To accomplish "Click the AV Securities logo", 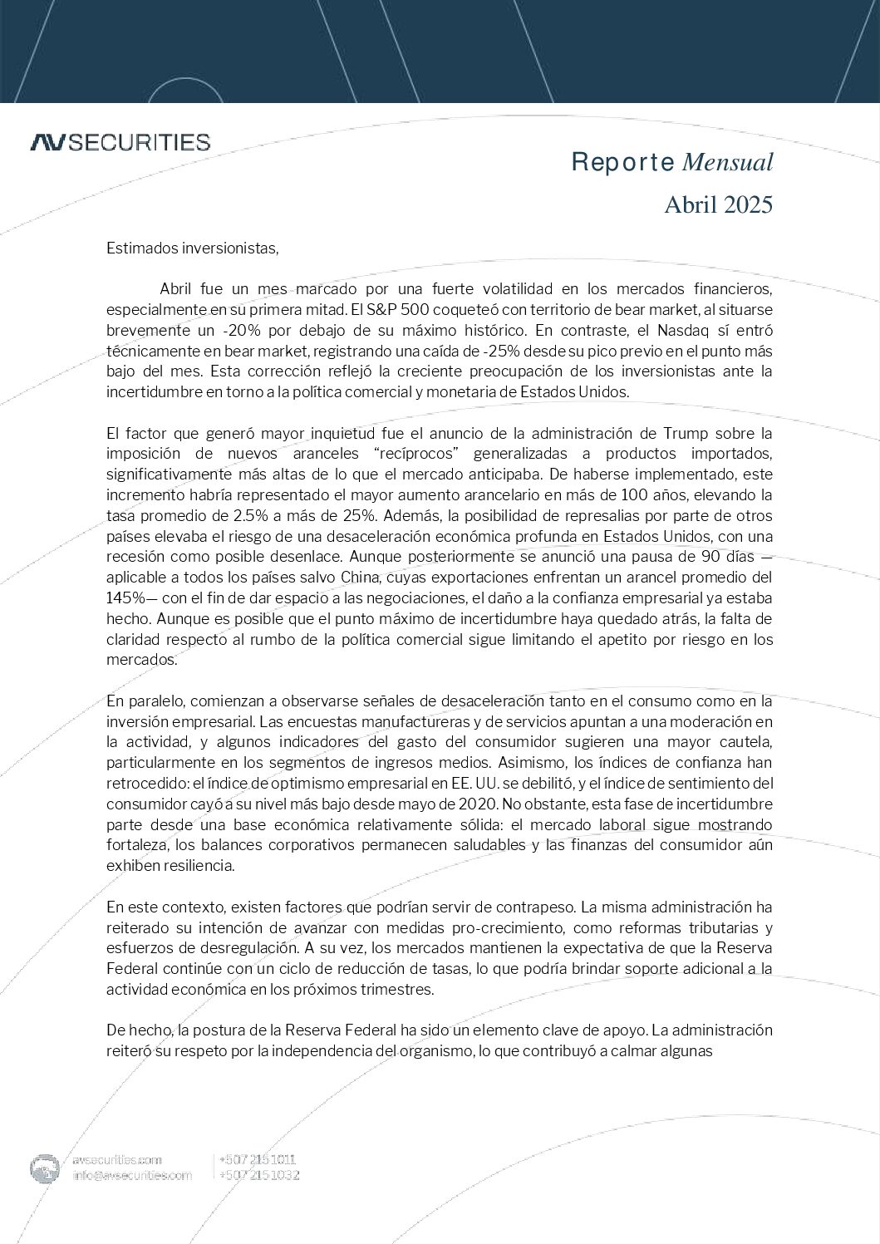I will [x=120, y=142].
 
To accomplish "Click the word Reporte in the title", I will [x=622, y=162].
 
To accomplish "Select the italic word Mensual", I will [x=727, y=162].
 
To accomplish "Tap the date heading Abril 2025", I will [x=718, y=204].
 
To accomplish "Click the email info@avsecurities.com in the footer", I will [x=132, y=1175].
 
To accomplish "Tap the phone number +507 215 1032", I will [x=258, y=1175].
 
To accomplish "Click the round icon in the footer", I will [x=45, y=1168].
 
